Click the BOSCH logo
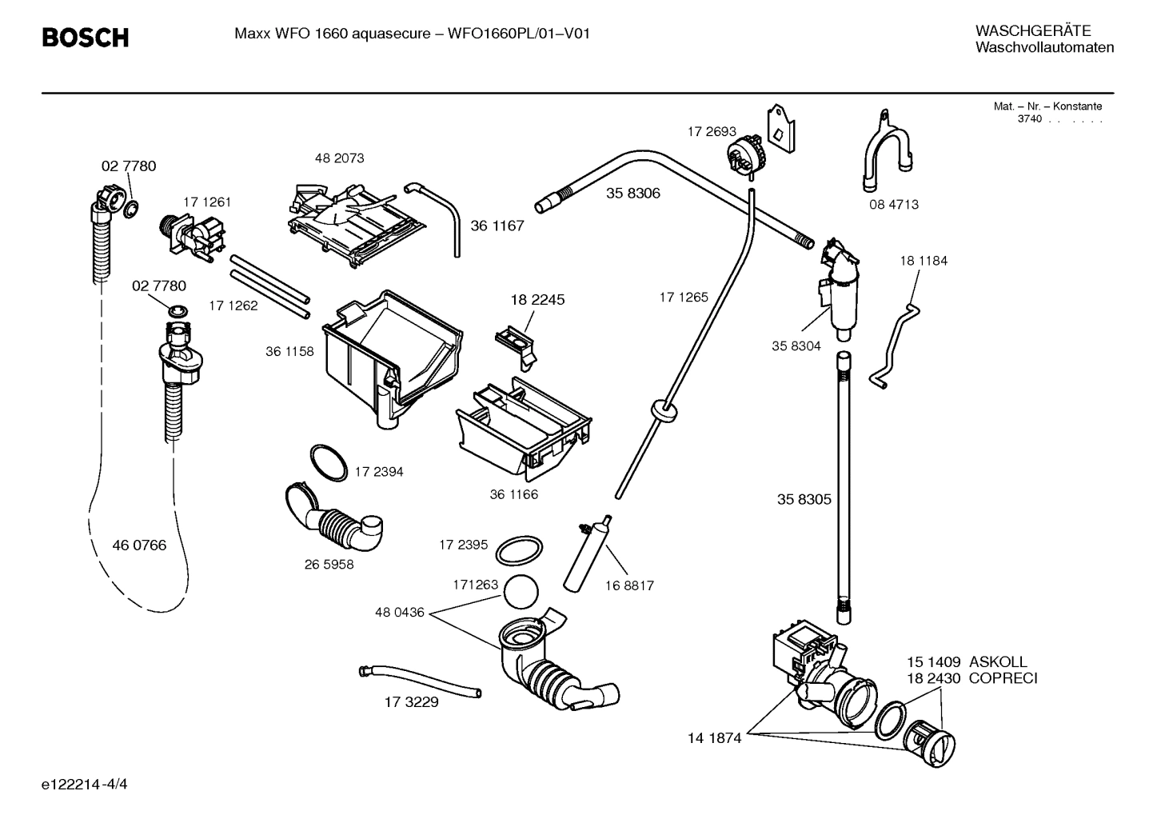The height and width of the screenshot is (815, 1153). [85, 37]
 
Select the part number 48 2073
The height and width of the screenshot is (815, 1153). [339, 158]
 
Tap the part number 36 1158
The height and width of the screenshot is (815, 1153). [289, 351]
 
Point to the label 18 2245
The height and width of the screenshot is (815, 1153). [537, 300]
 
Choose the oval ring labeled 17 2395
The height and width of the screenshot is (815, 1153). [518, 550]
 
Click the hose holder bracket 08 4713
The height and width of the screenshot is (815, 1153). [884, 156]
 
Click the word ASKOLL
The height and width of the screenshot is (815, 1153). [998, 662]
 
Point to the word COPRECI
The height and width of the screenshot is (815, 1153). [1003, 679]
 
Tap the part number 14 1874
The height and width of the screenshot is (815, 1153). [714, 738]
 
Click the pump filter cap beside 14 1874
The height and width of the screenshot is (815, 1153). [932, 740]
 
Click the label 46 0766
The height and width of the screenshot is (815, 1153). [139, 545]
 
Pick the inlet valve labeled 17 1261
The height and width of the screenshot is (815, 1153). [193, 236]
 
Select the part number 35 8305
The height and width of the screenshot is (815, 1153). [804, 500]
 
